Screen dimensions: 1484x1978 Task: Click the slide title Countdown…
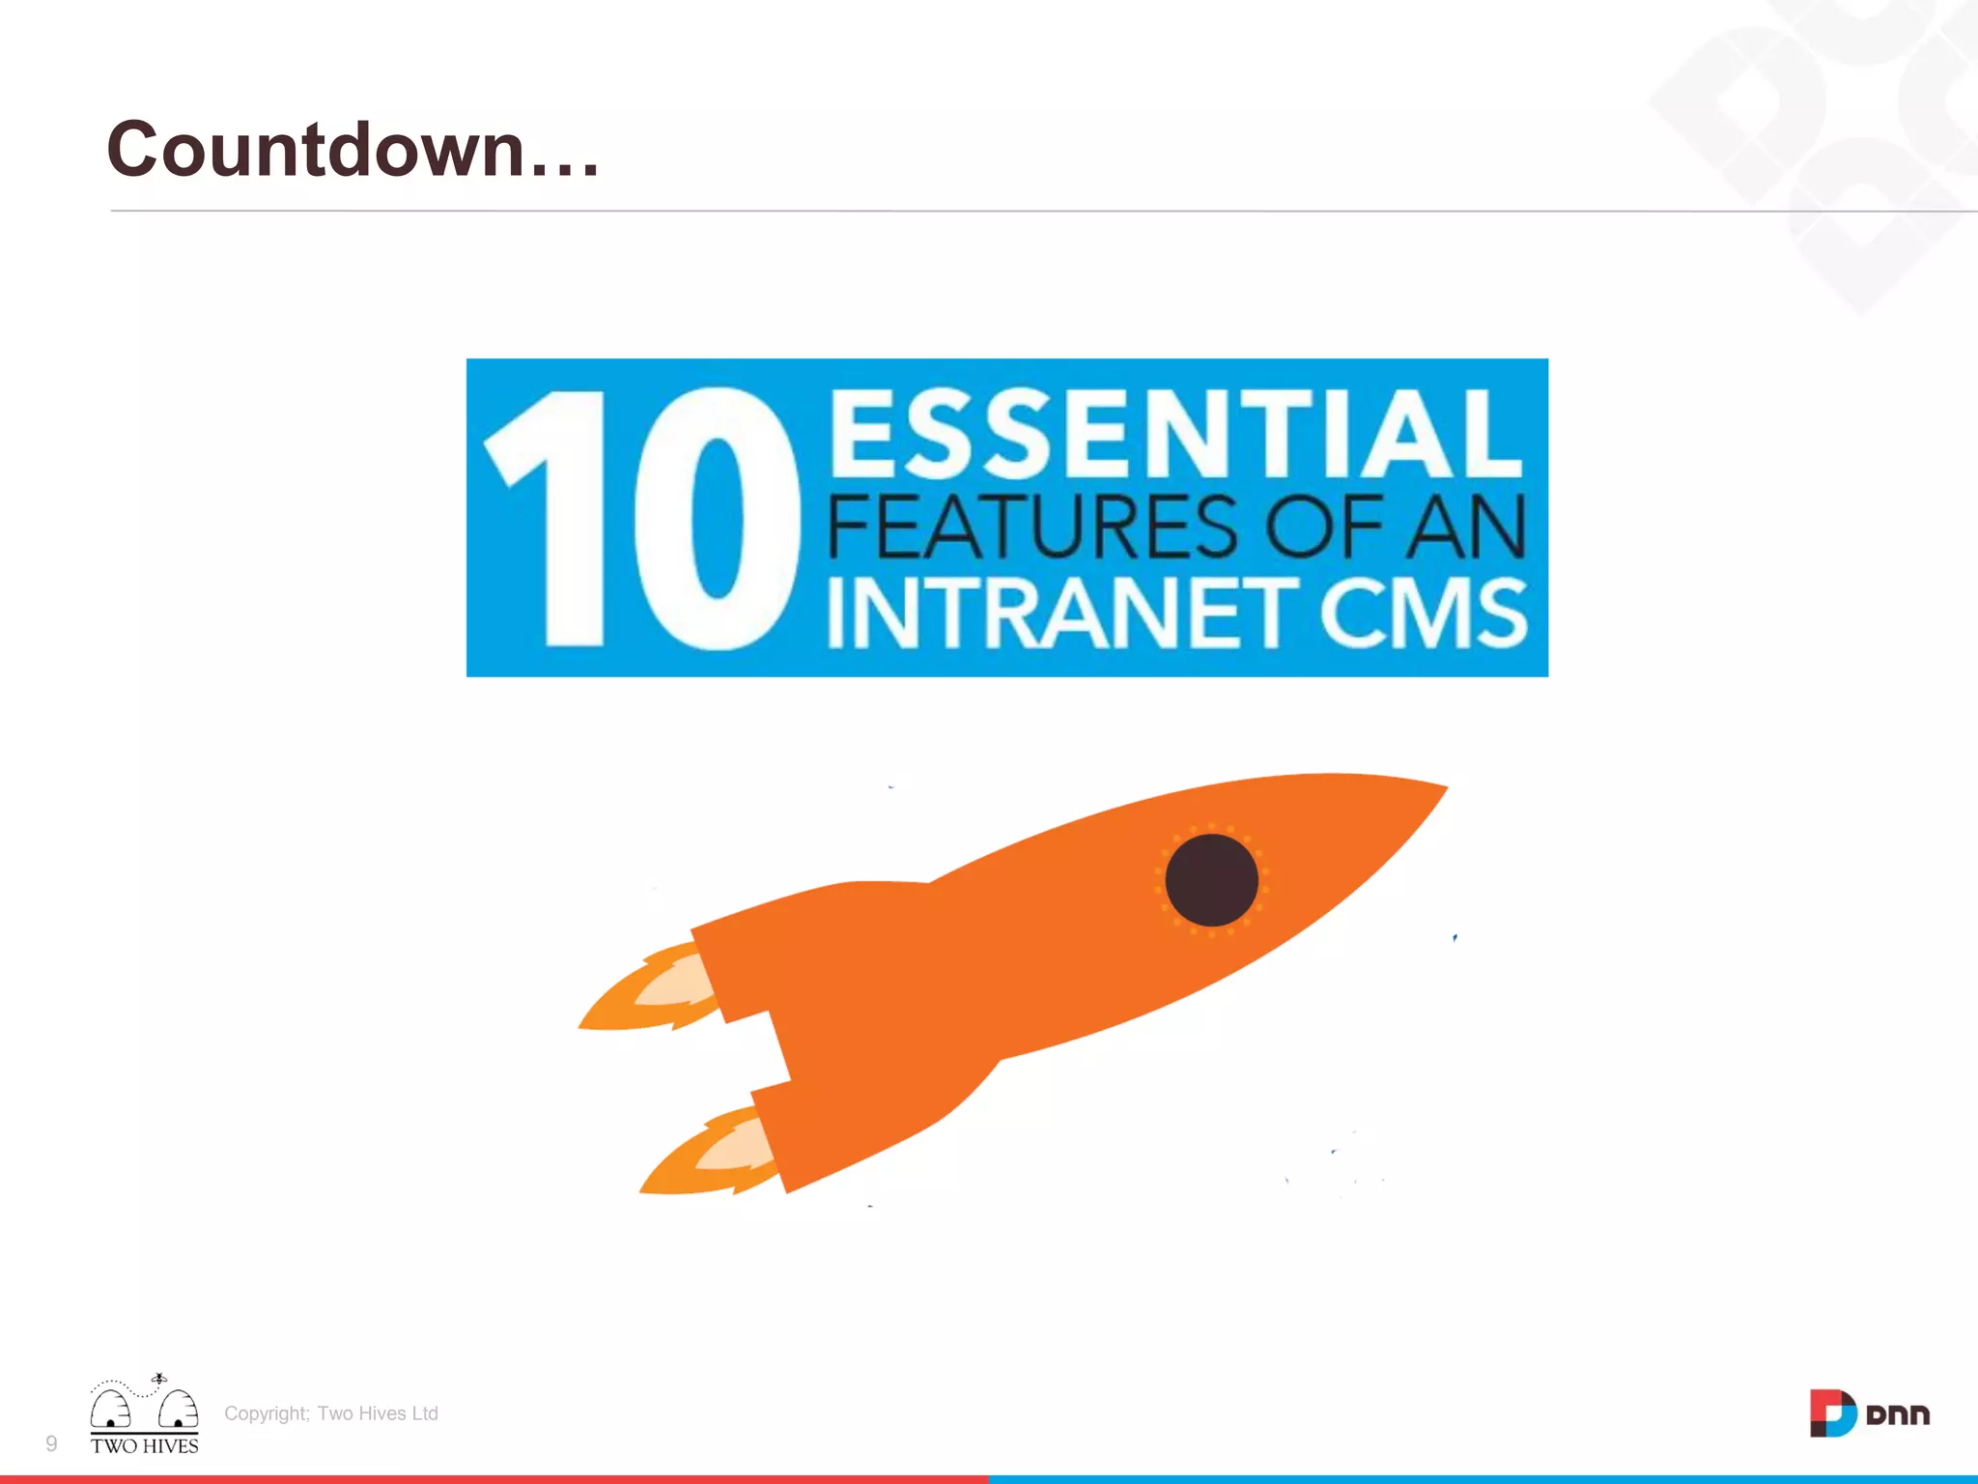coord(353,150)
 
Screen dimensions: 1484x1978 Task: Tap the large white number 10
coord(642,519)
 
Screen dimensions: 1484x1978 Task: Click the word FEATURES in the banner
coord(1031,527)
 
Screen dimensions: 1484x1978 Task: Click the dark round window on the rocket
coord(1211,880)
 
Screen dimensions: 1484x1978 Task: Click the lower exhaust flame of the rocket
coord(710,1155)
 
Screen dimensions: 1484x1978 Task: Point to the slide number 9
coord(51,1443)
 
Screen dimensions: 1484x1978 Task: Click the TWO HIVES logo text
coord(145,1446)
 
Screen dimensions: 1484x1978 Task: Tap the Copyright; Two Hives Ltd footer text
coord(331,1413)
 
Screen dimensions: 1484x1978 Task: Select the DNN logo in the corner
coord(1869,1413)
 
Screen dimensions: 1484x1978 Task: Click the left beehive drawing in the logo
coord(110,1409)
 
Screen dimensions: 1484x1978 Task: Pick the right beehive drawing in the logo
coord(179,1409)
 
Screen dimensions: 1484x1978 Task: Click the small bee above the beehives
coord(159,1379)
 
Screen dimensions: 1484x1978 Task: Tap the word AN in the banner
coord(1465,527)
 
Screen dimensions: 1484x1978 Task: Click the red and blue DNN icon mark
coord(1832,1413)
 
